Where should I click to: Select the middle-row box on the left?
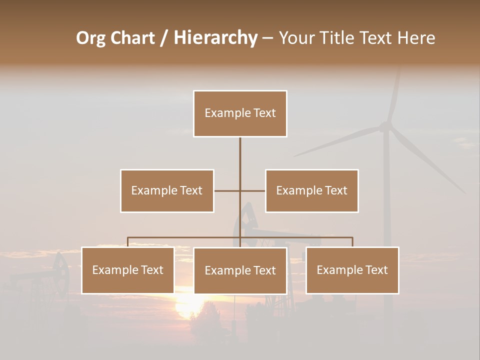[x=167, y=190]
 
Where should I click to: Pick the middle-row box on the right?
[x=311, y=190]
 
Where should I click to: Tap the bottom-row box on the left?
[x=128, y=270]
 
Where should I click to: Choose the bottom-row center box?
[x=240, y=270]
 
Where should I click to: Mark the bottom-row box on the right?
[x=352, y=270]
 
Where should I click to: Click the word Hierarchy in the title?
[x=215, y=38]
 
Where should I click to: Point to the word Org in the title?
[x=90, y=38]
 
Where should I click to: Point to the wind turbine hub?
[x=385, y=127]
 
